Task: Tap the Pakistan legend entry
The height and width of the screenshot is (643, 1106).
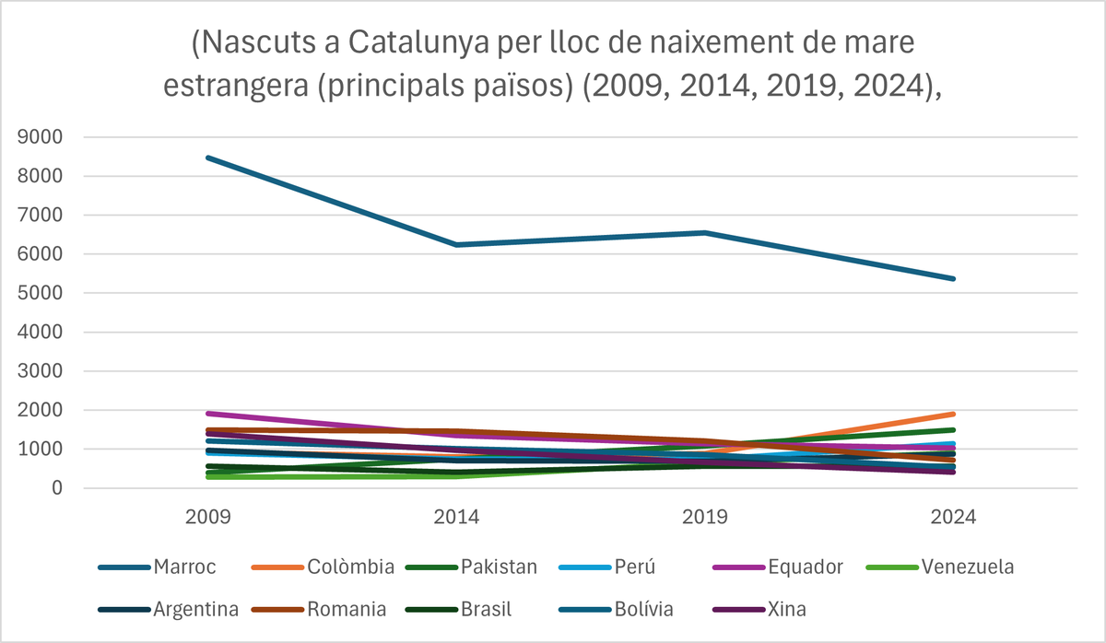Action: (499, 567)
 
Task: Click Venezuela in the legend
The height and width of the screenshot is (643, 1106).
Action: (967, 567)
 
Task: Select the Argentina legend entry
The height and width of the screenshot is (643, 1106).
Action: (196, 609)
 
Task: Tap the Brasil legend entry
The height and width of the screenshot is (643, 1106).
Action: (488, 609)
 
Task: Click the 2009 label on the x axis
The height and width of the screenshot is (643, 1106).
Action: (207, 518)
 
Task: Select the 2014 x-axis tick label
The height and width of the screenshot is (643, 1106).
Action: (456, 518)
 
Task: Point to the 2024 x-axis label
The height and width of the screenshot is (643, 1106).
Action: (954, 518)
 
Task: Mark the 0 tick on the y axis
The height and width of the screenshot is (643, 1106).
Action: (56, 489)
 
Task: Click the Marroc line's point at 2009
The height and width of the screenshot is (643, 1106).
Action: (208, 158)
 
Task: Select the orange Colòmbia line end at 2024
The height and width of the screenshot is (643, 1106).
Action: (953, 414)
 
